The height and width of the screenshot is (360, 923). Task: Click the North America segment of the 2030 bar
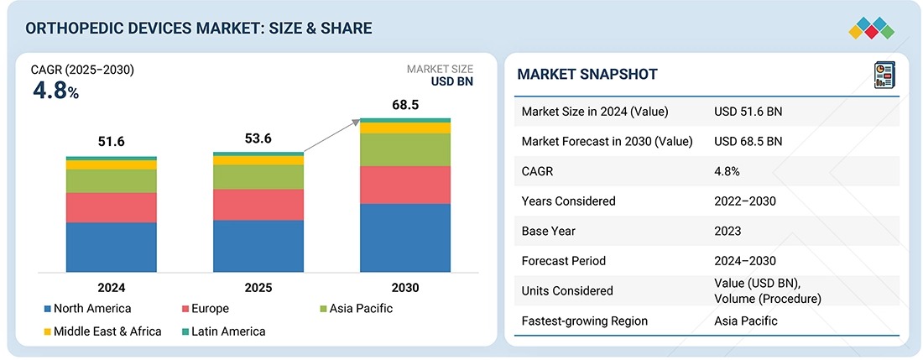coord(405,237)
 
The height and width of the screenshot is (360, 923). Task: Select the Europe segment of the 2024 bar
coord(112,207)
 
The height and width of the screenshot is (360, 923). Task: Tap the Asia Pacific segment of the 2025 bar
coord(258,177)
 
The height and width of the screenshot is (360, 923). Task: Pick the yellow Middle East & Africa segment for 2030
coord(405,128)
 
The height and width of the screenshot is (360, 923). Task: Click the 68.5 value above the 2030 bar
coord(405,105)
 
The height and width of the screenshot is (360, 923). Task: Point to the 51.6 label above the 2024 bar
coord(112,142)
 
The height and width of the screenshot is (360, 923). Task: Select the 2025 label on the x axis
coord(258,288)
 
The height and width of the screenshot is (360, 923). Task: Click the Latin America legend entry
coord(224,331)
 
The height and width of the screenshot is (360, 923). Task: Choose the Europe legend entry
coord(205,308)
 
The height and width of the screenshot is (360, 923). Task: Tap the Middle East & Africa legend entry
coord(102,331)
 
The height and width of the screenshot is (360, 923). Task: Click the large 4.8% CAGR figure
coord(55,91)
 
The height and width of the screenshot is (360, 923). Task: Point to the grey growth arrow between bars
coord(331,136)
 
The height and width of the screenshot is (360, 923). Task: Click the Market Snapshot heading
coord(587,74)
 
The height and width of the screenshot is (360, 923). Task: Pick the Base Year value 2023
coord(727,231)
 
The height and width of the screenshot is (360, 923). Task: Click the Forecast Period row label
coord(563,261)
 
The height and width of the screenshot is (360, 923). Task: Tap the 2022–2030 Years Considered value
coord(745,201)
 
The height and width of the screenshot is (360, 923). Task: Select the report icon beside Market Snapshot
coord(884,75)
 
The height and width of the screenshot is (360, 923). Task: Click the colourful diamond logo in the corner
coord(872,29)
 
